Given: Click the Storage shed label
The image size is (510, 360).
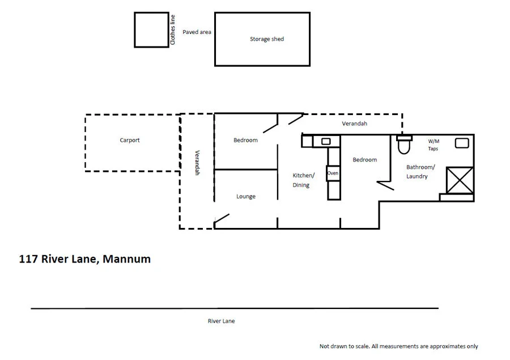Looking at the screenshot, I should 266,39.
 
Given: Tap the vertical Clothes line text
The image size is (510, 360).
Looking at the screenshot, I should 173,31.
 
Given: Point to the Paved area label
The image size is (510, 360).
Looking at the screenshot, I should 197,32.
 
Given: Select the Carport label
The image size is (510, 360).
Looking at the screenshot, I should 129,140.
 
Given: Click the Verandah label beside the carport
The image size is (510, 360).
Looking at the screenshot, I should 198,163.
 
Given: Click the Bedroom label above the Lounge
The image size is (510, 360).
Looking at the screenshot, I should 245,140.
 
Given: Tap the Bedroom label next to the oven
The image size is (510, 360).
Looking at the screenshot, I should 364,159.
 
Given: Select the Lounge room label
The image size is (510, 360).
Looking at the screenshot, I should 245,196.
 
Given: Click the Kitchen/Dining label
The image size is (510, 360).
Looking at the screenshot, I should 303,180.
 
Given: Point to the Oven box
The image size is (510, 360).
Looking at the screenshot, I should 333,173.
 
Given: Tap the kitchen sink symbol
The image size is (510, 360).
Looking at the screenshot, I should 326,141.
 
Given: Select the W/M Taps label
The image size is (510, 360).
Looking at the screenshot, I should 433,145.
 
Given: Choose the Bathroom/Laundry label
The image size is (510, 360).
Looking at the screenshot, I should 420,172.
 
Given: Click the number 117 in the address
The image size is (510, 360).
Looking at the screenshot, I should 28,259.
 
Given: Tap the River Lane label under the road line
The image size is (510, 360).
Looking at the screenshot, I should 221,321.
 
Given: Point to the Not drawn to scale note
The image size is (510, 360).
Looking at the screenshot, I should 398,346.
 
